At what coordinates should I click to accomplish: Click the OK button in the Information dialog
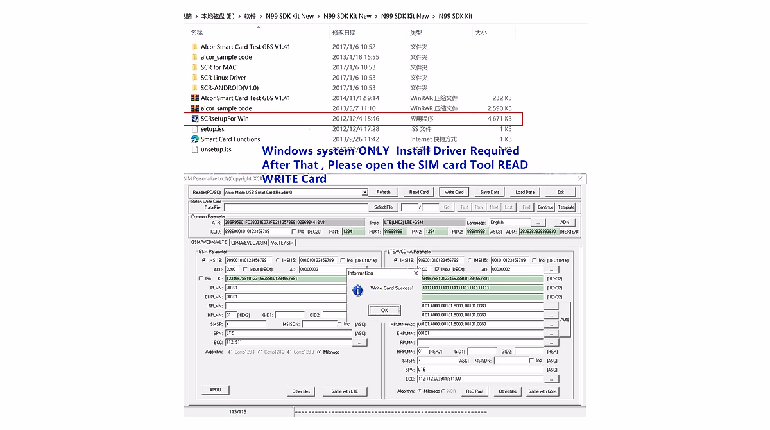(x=384, y=310)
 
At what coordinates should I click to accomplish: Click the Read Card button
(x=419, y=192)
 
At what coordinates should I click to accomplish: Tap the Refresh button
(x=383, y=192)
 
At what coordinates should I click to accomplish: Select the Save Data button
(x=490, y=192)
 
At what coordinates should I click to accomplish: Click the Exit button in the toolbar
(x=560, y=192)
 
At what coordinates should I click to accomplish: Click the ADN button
(x=565, y=223)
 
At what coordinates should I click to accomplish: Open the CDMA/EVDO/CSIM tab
(x=249, y=243)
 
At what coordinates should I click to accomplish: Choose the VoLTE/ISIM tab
(x=282, y=243)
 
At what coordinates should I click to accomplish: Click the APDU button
(x=215, y=390)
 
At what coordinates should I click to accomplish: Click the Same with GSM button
(x=542, y=391)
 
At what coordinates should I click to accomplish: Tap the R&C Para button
(x=475, y=391)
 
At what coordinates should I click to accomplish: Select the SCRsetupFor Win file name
(x=225, y=119)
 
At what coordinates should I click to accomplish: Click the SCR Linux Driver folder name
(x=223, y=78)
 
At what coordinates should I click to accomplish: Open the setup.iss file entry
(x=212, y=129)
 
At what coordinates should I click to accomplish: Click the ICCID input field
(x=256, y=231)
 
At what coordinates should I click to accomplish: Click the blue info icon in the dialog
(x=358, y=289)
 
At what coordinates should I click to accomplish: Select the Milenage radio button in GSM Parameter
(x=320, y=352)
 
